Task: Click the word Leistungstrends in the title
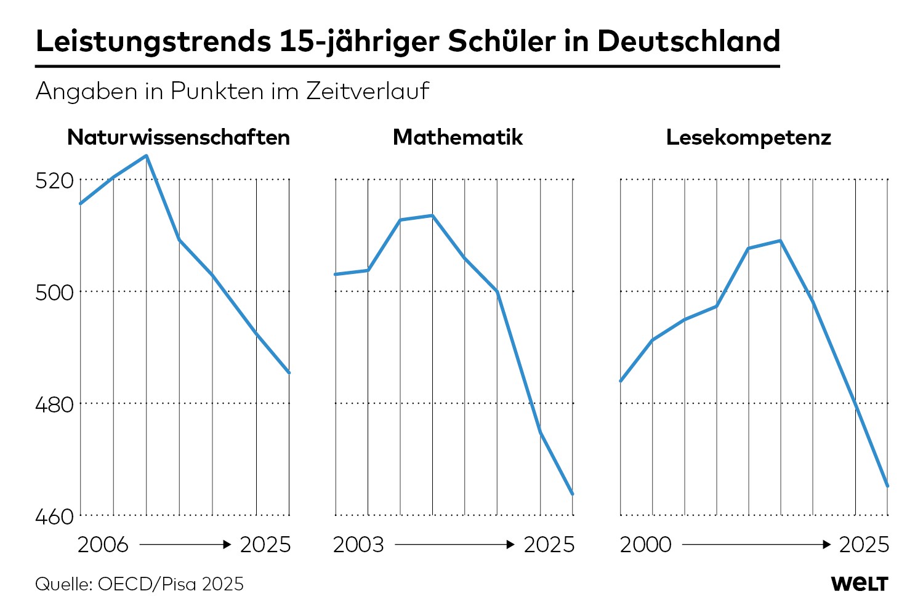153,42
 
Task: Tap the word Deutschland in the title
688,41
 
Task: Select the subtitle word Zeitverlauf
368,91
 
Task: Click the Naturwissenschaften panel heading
179,137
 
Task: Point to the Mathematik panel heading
457,137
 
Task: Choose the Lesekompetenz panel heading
748,137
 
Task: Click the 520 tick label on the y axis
54,181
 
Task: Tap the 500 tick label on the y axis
54,293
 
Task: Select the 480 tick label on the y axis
54,405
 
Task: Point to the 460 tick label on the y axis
54,517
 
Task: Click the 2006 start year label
103,545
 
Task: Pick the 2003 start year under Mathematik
358,545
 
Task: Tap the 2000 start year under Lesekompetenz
645,545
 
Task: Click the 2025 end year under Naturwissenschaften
265,545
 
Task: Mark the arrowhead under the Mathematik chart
510,545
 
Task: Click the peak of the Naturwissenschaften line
147,156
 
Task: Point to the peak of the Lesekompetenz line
780,241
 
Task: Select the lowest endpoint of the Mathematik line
573,494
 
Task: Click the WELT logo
860,584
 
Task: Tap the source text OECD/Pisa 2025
171,584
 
